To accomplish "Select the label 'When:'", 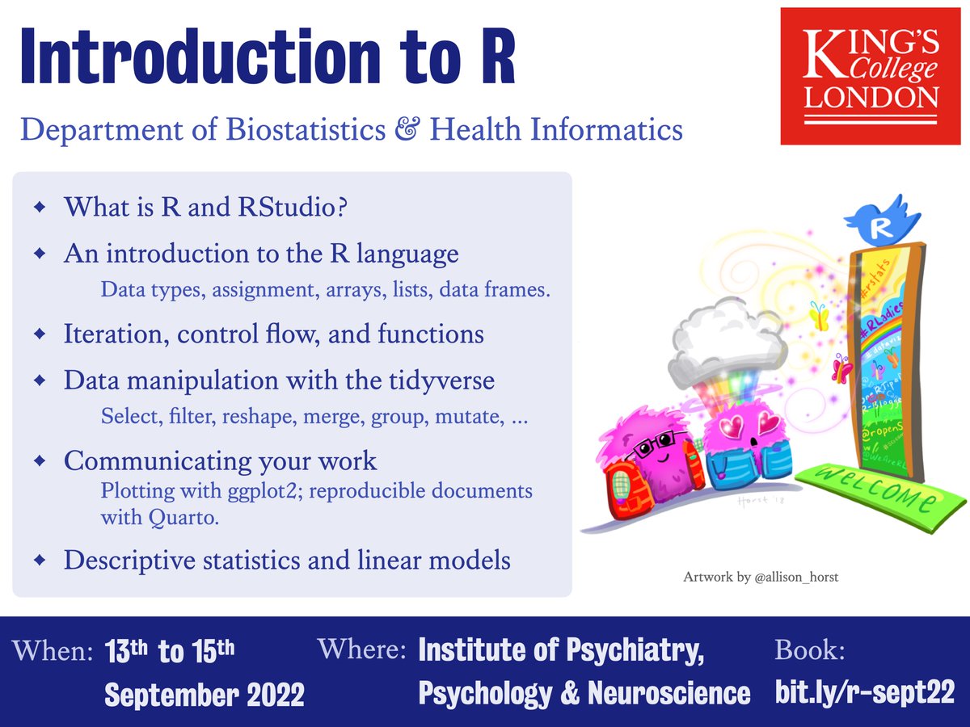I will pyautogui.click(x=53, y=653).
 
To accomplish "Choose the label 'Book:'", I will pyautogui.click(x=810, y=651).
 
